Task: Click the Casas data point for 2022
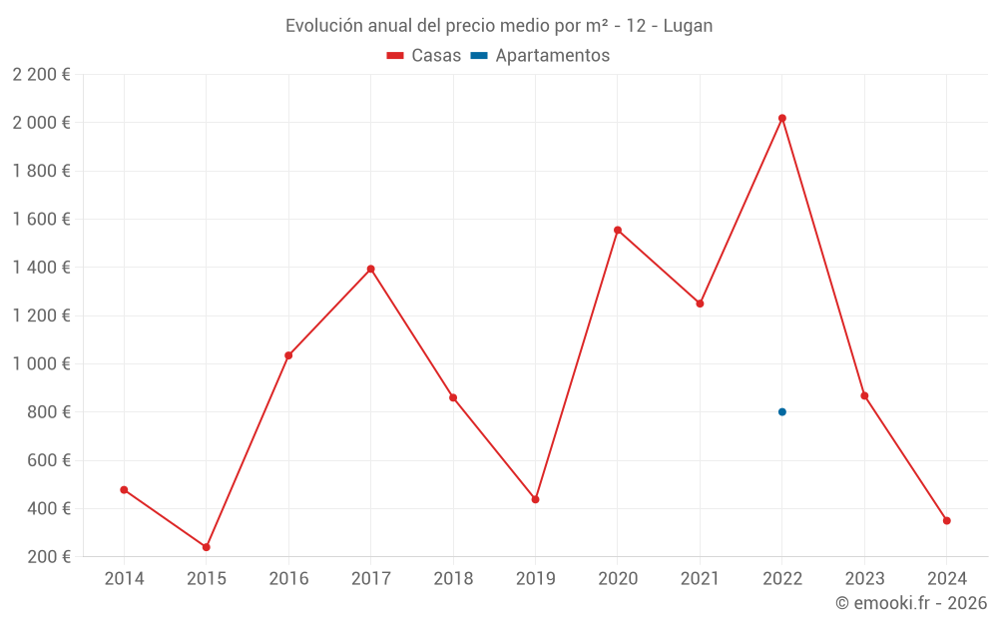click(x=782, y=118)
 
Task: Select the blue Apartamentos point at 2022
click(x=782, y=412)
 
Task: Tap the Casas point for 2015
click(x=207, y=547)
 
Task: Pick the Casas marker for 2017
click(x=371, y=269)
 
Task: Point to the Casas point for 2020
click(x=618, y=231)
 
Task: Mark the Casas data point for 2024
click(x=947, y=520)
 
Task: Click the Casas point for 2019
click(x=536, y=499)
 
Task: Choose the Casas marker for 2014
click(x=124, y=490)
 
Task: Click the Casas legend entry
click(x=424, y=56)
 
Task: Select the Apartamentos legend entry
click(x=540, y=56)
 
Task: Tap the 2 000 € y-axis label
click(x=41, y=123)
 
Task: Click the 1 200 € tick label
click(x=41, y=315)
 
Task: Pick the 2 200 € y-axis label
click(x=41, y=74)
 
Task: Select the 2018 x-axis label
click(x=453, y=579)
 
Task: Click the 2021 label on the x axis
click(x=700, y=579)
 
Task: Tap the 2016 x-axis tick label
click(x=288, y=579)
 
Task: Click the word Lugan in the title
click(x=688, y=26)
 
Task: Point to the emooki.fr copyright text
click(x=911, y=603)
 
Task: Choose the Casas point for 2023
click(x=864, y=396)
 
